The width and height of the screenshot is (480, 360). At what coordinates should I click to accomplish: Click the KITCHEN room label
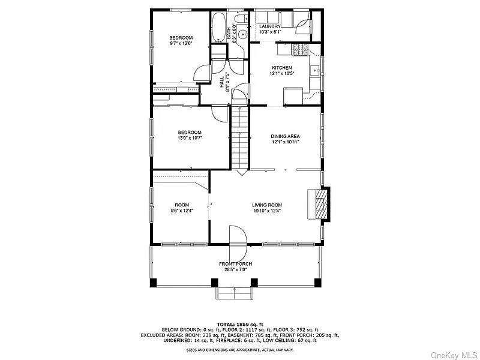tap(282, 68)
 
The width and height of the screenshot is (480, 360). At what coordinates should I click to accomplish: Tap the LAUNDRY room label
tap(270, 27)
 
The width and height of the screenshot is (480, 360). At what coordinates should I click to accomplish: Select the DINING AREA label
tap(285, 136)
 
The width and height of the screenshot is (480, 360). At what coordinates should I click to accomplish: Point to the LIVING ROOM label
tap(266, 205)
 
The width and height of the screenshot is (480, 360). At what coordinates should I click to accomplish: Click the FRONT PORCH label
tap(236, 264)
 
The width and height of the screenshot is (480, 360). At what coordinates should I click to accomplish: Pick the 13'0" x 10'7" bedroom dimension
tap(189, 138)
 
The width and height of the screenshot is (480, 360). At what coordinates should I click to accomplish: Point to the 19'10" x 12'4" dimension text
tap(266, 211)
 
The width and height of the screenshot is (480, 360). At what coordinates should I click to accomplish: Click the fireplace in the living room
tap(319, 206)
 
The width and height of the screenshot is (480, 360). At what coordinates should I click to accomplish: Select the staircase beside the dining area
tap(239, 138)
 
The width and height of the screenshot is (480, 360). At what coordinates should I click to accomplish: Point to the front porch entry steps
tap(234, 292)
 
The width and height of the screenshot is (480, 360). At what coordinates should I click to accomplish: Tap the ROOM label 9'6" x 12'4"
tap(182, 208)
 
